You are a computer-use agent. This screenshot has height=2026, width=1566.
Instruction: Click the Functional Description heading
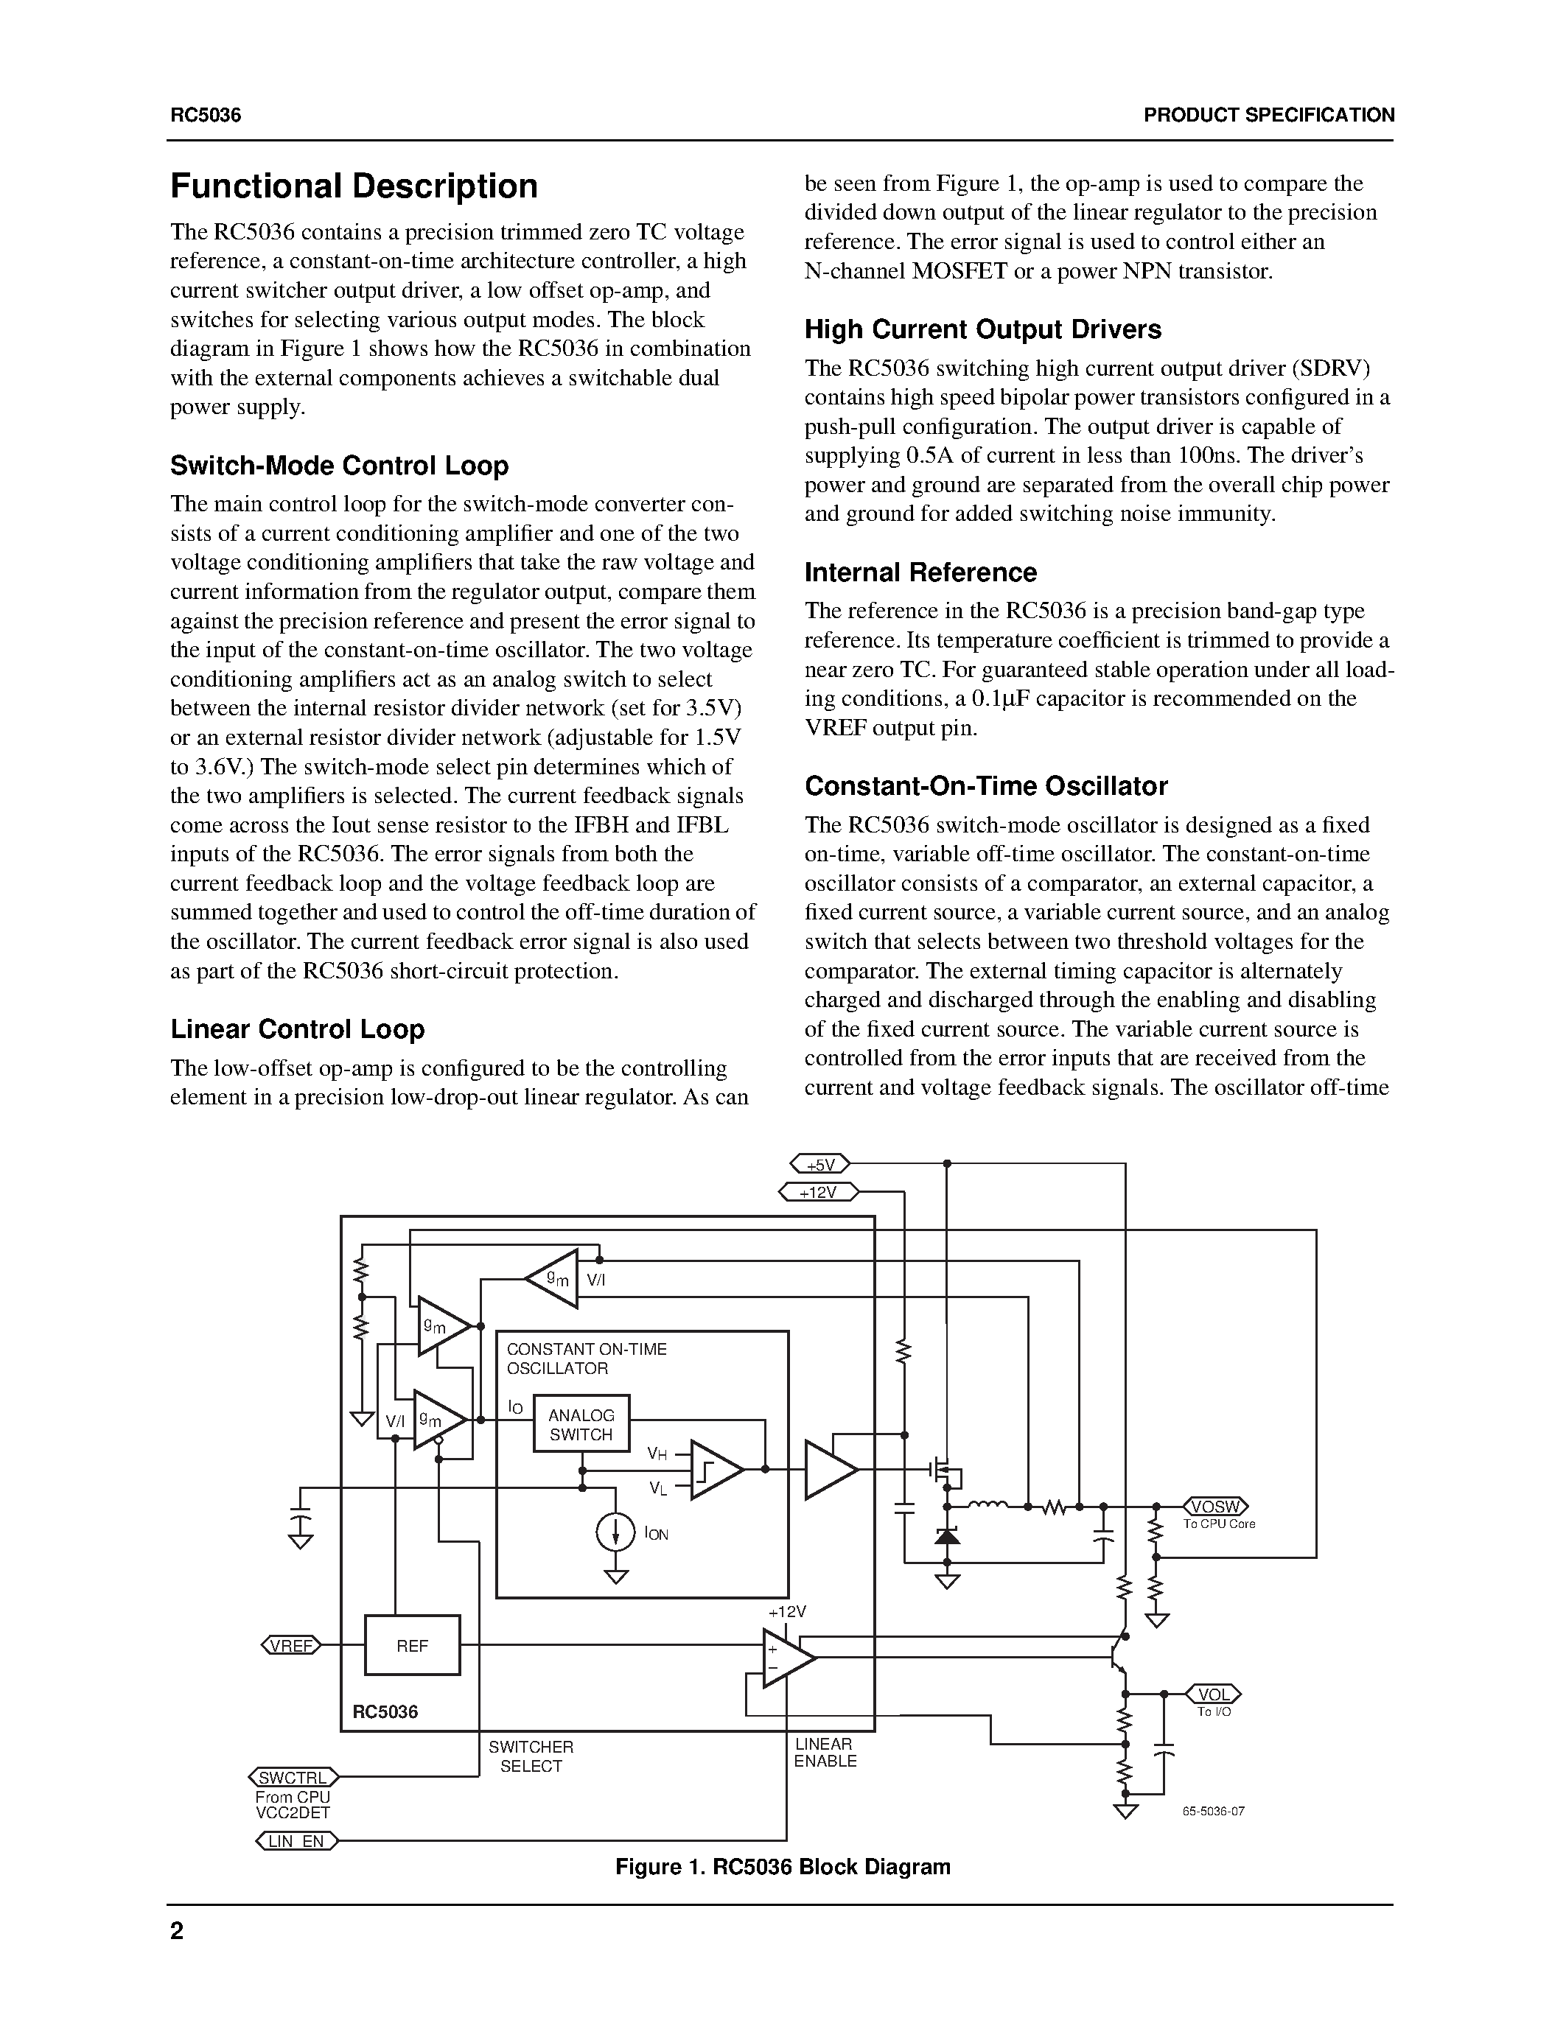click(354, 186)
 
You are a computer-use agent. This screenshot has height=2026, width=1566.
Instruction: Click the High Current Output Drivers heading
click(982, 329)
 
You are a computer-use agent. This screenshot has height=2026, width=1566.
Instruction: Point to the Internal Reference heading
click(920, 572)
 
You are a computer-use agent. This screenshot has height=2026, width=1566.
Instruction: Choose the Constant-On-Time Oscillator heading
click(985, 786)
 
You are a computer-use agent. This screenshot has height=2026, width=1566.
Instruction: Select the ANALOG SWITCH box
click(581, 1424)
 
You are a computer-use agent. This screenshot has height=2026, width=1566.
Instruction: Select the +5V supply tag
click(820, 1164)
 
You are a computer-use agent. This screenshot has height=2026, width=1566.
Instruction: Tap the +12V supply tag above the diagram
click(818, 1192)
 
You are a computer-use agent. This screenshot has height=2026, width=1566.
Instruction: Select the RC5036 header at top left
click(205, 115)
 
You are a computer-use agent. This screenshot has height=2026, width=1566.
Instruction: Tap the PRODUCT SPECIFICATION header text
click(1268, 115)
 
